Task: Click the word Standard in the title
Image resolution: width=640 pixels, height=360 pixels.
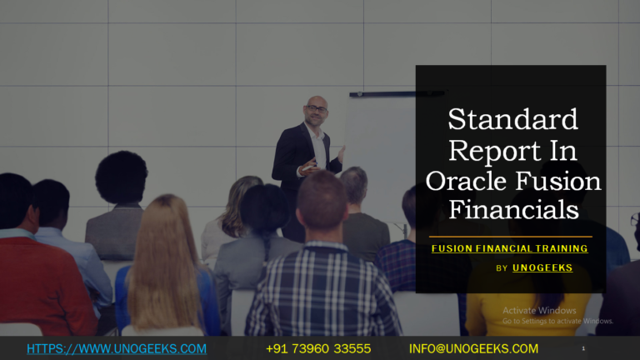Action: tap(512, 120)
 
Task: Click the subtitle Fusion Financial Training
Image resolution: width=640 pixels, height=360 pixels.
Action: tap(510, 248)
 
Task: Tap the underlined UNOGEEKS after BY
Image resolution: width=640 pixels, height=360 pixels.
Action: tap(542, 268)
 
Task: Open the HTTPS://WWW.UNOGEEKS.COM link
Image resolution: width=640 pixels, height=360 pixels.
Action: tap(117, 348)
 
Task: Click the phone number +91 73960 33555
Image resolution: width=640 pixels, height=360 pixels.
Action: tap(318, 348)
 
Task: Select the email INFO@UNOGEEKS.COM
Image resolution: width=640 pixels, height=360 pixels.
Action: tap(473, 348)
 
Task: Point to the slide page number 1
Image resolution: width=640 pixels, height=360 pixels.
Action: tap(583, 347)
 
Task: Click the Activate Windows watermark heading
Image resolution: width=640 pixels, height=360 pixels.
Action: tap(539, 311)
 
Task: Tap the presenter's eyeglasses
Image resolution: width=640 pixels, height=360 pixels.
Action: tap(316, 109)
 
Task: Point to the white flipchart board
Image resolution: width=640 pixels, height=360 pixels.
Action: tap(379, 142)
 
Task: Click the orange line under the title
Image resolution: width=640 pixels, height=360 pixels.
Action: tap(510, 237)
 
